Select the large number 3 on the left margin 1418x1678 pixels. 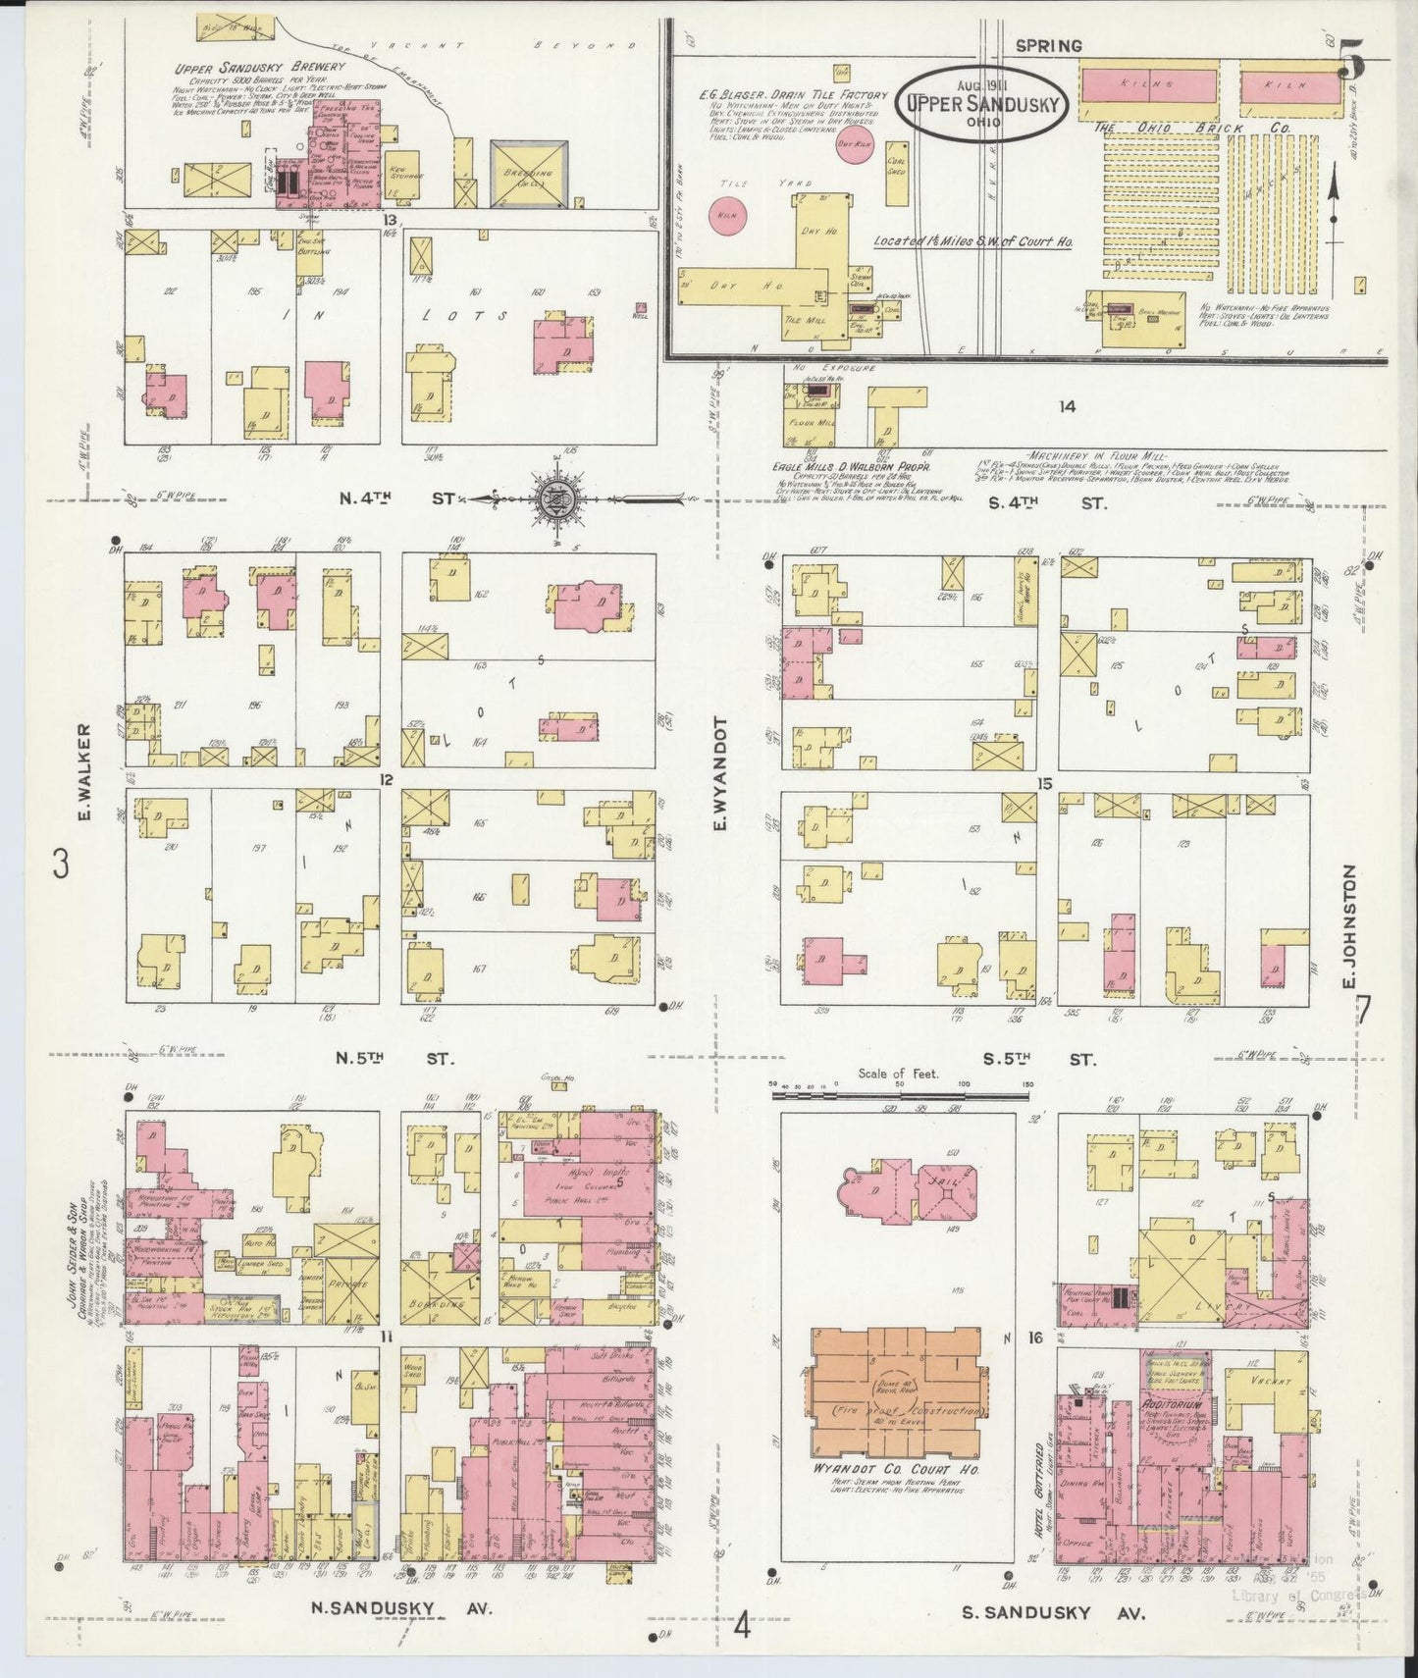tap(62, 865)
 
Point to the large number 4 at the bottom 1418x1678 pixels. tap(742, 1628)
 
